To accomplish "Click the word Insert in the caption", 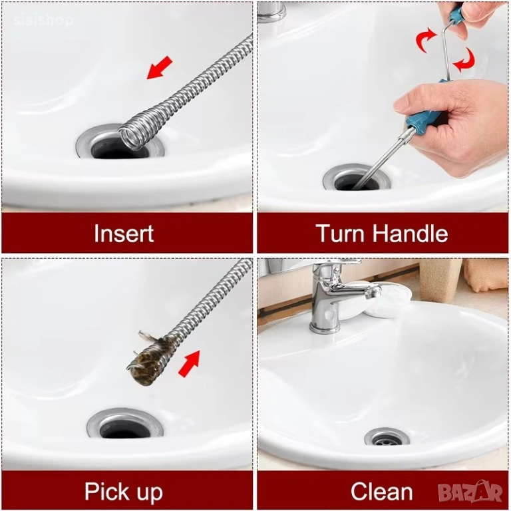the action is [124, 233].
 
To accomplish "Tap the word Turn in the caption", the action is [341, 233].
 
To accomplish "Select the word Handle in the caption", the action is [411, 233].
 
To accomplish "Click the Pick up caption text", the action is [124, 492].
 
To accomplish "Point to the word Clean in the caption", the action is [382, 492].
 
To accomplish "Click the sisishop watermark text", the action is [43, 21].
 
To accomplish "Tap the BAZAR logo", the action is [470, 492].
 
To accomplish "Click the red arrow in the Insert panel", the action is [160, 67].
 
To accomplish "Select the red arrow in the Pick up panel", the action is [189, 363].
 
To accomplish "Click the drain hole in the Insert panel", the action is [120, 148].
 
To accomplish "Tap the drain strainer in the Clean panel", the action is [387, 438].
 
